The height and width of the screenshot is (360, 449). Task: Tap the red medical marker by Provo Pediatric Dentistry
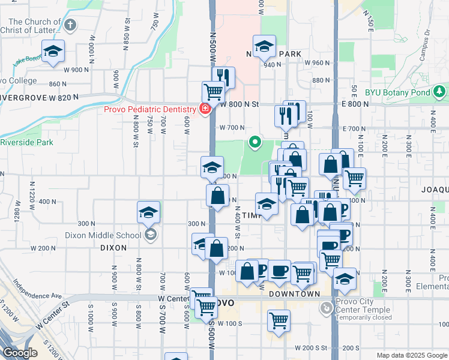tap(205, 109)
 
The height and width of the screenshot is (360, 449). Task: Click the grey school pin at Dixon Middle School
tap(150, 234)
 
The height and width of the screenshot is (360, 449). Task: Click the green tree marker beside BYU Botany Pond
tap(440, 92)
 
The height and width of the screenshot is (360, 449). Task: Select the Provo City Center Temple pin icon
tap(326, 308)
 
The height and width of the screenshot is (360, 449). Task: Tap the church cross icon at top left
tap(71, 25)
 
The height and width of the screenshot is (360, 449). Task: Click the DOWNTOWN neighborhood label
tap(294, 294)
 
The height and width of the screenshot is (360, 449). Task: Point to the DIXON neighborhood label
tap(113, 247)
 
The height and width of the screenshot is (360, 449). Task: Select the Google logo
tap(20, 353)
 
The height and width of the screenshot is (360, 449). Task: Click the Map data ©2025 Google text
tap(411, 355)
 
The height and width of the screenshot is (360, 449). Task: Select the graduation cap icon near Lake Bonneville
tap(53, 52)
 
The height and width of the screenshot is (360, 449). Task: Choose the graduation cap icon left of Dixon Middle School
tap(148, 212)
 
